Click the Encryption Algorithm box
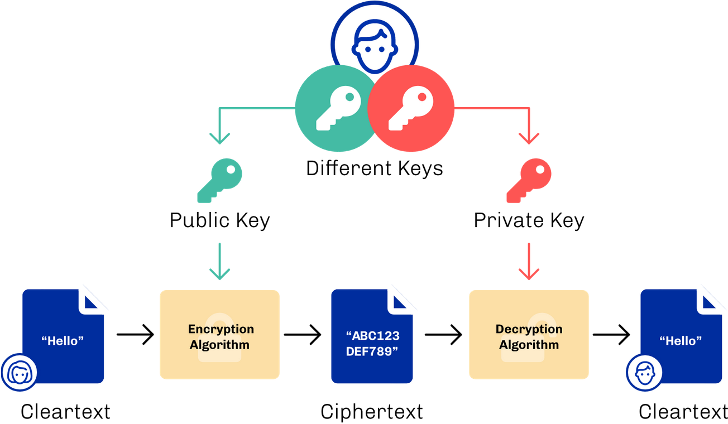[219, 335]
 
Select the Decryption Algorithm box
[529, 335]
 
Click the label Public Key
[219, 220]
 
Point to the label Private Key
[529, 220]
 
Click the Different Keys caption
[374, 168]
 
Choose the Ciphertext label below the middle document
[372, 412]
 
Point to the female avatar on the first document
[19, 371]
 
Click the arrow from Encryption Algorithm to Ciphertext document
[303, 335]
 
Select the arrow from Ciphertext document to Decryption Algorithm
[443, 335]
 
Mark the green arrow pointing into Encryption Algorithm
[219, 261]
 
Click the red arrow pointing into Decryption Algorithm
[529, 261]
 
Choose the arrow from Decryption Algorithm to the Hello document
[611, 335]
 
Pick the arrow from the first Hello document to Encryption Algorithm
[135, 335]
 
